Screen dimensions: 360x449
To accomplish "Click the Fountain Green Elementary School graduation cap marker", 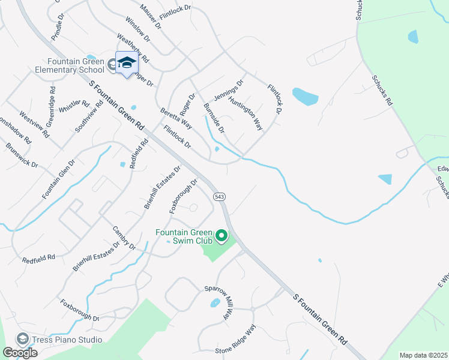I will pyautogui.click(x=127, y=63).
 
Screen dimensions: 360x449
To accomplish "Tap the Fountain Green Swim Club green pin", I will pyautogui.click(x=222, y=236).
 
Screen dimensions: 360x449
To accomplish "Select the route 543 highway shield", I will pyautogui.click(x=218, y=196).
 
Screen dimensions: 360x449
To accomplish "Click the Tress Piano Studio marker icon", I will pyautogui.click(x=23, y=339).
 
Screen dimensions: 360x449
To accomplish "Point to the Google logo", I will pyautogui.click(x=20, y=353).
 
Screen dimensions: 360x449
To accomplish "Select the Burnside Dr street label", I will pyautogui.click(x=214, y=118).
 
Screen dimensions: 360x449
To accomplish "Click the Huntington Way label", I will pyautogui.click(x=247, y=115).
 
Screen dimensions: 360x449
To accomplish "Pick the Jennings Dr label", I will pyautogui.click(x=229, y=92).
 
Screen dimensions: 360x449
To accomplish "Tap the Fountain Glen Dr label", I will pyautogui.click(x=58, y=179).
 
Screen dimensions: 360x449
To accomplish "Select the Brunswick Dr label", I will pyautogui.click(x=22, y=155).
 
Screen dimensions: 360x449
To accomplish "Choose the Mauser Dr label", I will pyautogui.click(x=151, y=16).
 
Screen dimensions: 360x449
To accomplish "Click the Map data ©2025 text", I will pyautogui.click(x=423, y=355).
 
